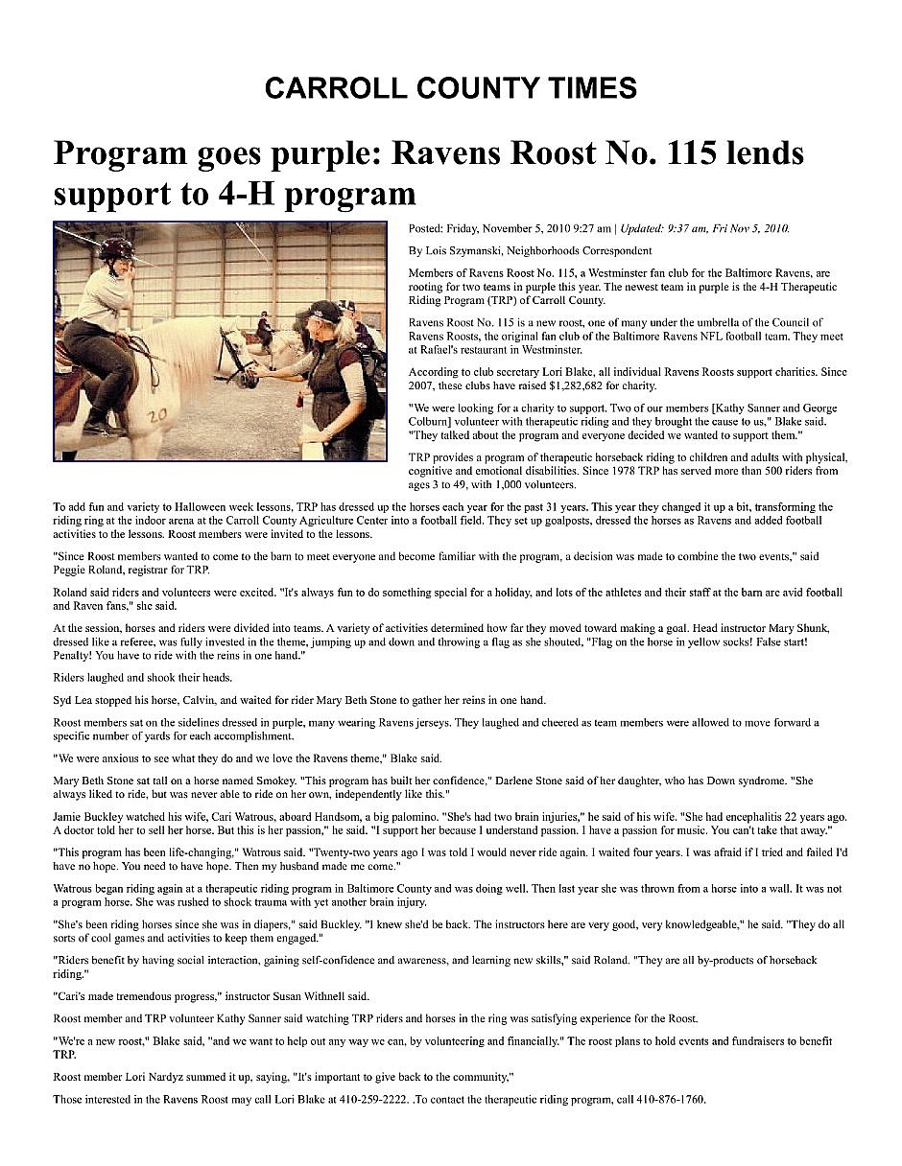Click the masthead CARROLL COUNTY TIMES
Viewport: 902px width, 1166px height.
point(450,88)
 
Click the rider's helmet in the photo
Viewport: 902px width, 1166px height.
point(116,249)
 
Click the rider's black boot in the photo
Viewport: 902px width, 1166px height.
point(96,420)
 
